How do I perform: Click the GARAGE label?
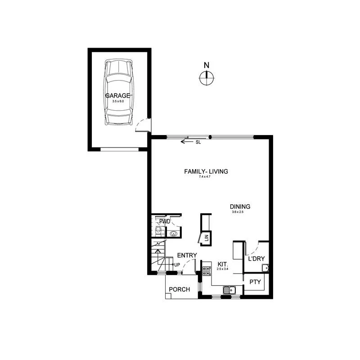117,96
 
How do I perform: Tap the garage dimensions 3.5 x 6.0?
118,102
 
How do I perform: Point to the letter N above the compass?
207,65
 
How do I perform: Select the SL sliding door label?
198,143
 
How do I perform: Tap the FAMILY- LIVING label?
207,171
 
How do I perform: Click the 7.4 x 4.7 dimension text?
205,177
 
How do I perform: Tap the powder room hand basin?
174,234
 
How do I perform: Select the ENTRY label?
187,256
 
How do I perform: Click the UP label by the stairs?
177,265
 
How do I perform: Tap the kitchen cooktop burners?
207,270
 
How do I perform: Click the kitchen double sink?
229,290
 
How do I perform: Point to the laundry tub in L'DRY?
265,269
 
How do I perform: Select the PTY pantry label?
255,282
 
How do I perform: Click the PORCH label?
180,289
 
